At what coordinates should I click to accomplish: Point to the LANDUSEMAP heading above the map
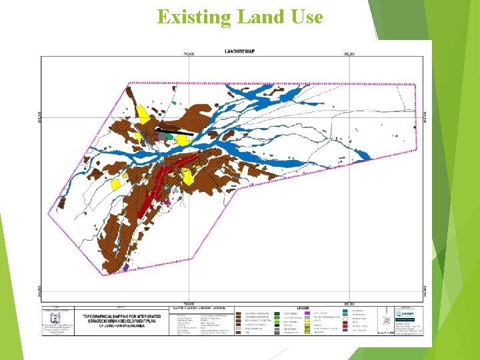(239, 51)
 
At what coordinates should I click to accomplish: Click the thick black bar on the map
(175, 131)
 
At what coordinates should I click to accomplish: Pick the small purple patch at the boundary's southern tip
(125, 267)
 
